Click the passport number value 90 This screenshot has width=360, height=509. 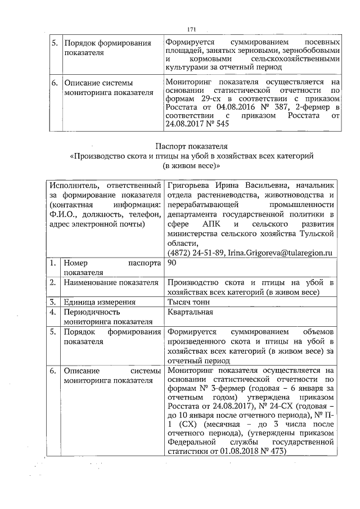pyautogui.click(x=172, y=263)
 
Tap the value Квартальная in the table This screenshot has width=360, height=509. pyautogui.click(x=190, y=312)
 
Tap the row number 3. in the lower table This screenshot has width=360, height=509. pyautogui.click(x=53, y=302)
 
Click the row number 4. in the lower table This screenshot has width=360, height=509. pyautogui.click(x=53, y=312)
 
